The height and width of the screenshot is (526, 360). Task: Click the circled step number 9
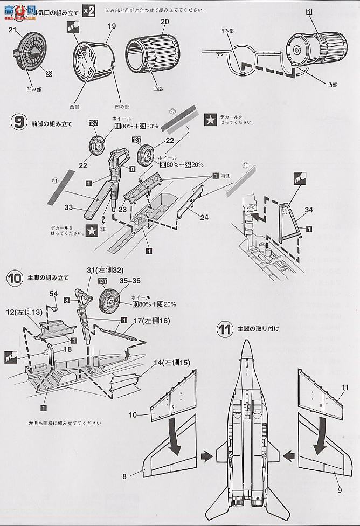click(x=18, y=122)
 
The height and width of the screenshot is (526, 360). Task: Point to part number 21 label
click(x=13, y=31)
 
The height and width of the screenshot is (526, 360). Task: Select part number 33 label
click(x=68, y=206)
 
